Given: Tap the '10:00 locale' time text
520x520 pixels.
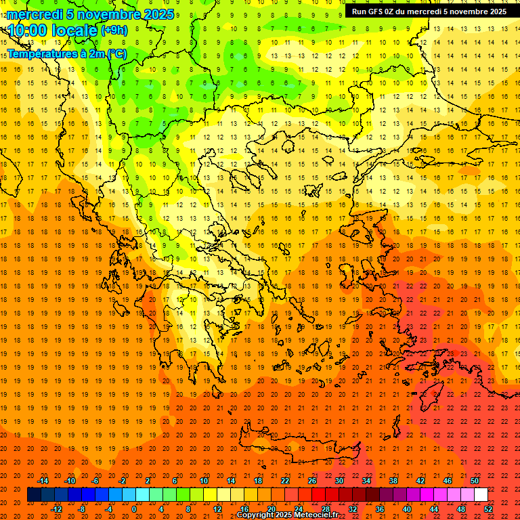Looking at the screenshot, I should (x=53, y=30).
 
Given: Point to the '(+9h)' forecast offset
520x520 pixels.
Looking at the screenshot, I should (x=113, y=30).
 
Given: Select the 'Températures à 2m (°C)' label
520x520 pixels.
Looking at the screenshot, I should (x=66, y=53).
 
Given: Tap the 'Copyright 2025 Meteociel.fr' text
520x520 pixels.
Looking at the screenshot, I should (x=287, y=515).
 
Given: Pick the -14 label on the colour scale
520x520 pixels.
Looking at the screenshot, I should (x=43, y=481).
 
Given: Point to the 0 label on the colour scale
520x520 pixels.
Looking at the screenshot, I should (x=134, y=509).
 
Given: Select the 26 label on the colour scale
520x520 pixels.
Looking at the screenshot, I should (x=311, y=481).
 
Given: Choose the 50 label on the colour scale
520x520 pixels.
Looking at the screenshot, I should (x=475, y=481).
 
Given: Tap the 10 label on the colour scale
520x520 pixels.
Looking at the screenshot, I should (x=203, y=481).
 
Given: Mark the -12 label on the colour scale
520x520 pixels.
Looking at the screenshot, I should (x=57, y=509).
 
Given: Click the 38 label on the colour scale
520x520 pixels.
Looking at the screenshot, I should (x=393, y=481).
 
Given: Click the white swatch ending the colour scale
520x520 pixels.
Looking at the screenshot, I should (x=481, y=494).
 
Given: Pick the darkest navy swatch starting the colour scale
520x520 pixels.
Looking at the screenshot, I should (x=34, y=494).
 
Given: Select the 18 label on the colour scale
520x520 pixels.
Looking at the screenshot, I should (x=257, y=481).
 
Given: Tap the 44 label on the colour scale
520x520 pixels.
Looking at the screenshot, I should (x=434, y=509).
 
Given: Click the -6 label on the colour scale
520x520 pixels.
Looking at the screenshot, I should (x=95, y=481).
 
